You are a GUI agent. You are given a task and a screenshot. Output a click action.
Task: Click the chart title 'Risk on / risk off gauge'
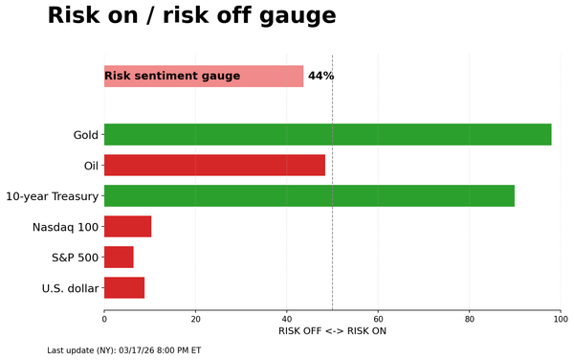pos(191,16)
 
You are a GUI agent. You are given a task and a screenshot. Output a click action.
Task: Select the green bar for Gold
pos(327,134)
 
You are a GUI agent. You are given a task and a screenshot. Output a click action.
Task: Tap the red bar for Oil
pos(214,165)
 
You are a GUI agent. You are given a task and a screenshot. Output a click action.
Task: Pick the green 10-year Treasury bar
pos(309,195)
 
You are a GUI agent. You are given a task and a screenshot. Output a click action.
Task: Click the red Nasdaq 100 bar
pos(127,226)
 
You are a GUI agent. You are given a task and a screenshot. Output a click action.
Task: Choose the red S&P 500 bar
pos(119,257)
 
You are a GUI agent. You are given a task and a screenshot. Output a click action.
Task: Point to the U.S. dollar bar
pos(124,287)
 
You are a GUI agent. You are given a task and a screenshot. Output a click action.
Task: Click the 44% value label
pos(320,77)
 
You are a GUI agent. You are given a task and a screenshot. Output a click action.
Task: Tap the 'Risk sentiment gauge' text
pos(172,77)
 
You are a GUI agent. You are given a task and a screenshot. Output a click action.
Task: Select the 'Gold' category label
pos(85,135)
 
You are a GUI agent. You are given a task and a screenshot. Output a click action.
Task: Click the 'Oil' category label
pos(91,166)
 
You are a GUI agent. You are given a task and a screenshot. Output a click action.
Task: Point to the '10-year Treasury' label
pos(52,196)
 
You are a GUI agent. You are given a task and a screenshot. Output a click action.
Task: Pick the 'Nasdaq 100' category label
pos(65,227)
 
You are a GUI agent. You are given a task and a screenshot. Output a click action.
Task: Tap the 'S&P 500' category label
pos(75,258)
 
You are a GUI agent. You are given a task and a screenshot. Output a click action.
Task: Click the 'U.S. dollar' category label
pos(70,288)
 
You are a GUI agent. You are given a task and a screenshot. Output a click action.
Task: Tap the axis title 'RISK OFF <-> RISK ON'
pos(332,331)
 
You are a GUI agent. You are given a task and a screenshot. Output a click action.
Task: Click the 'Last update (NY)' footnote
pos(124,350)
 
